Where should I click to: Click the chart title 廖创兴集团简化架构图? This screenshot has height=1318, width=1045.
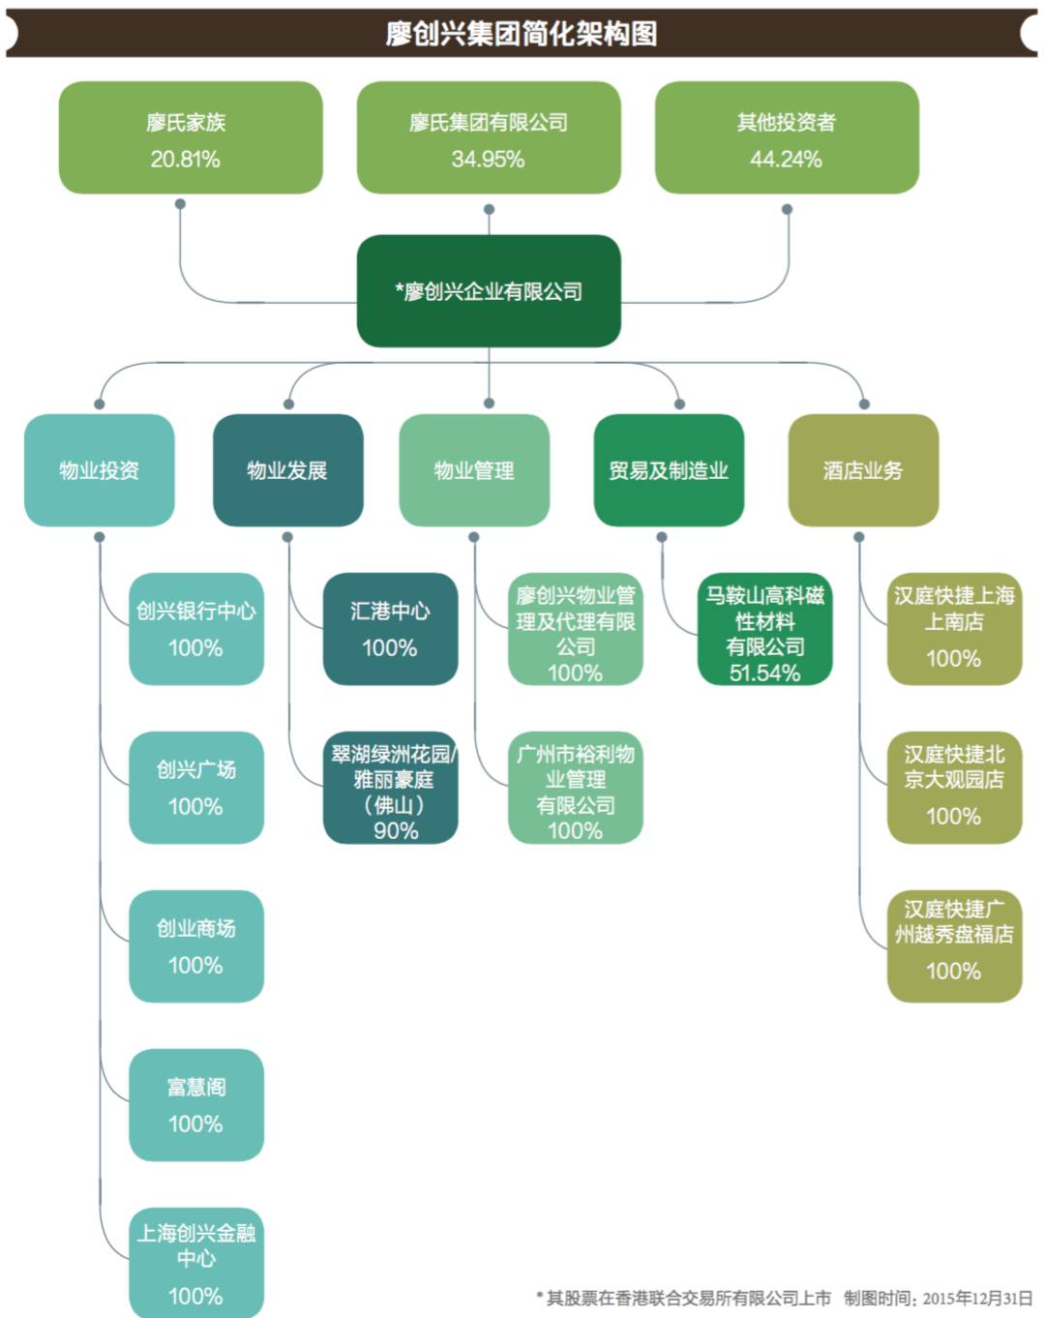[x=522, y=33]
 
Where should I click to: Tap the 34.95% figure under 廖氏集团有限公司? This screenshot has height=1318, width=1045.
[x=488, y=160]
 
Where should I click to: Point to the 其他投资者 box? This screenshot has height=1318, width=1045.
[x=786, y=137]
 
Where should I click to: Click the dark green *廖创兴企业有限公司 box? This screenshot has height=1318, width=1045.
[x=488, y=290]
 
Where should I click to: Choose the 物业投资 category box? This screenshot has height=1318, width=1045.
[x=99, y=470]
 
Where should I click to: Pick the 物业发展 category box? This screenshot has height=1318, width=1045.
[x=287, y=470]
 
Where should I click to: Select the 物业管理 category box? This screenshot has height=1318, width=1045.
[x=473, y=470]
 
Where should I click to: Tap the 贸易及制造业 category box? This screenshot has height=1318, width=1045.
[x=668, y=470]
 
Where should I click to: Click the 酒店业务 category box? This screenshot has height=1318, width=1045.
[x=862, y=470]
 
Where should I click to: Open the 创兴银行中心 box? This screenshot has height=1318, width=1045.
[x=195, y=629]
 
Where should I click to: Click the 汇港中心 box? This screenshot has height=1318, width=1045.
[x=390, y=629]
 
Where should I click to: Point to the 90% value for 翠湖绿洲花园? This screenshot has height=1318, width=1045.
[x=396, y=830]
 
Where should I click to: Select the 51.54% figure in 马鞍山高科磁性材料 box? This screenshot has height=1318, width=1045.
[x=764, y=673]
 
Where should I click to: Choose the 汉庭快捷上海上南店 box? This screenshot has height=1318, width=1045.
[x=954, y=629]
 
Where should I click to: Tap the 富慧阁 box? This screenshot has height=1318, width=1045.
[x=195, y=1104]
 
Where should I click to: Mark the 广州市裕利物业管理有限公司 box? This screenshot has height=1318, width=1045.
[x=575, y=788]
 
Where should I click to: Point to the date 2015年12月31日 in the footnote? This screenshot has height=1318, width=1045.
[x=977, y=1298]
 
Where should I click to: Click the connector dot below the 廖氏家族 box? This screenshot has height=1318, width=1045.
[x=180, y=204]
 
